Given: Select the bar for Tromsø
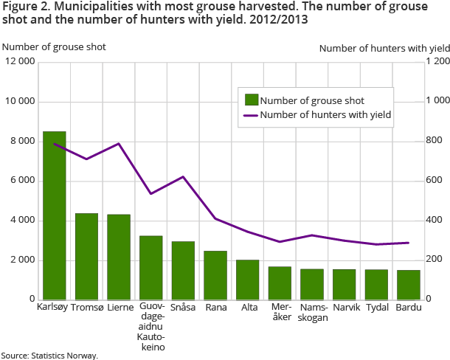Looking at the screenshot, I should (x=86, y=256).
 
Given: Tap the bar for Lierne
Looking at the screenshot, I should (x=119, y=257).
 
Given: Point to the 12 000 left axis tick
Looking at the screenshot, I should (x=19, y=61).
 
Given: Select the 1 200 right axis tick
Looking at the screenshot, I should (x=437, y=61).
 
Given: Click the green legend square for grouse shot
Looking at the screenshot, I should (x=251, y=100).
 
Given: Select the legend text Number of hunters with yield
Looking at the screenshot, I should (x=325, y=114).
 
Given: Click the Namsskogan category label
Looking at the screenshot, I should (x=312, y=312).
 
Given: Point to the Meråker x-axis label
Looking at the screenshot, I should (x=280, y=312).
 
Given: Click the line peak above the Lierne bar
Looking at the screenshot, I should (x=119, y=143).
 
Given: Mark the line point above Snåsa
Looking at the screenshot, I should (x=183, y=176).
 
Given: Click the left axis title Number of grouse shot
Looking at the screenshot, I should (x=55, y=46).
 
